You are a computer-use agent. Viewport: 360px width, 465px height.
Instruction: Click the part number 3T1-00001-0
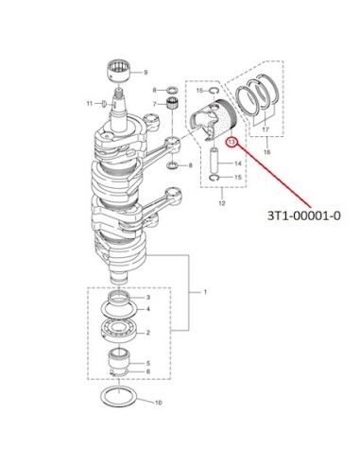click(x=304, y=215)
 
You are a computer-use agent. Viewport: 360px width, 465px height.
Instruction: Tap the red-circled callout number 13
click(x=231, y=142)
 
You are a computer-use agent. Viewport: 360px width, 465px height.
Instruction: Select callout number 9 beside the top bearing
click(x=146, y=73)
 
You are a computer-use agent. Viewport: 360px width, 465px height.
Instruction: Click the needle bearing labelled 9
click(x=119, y=72)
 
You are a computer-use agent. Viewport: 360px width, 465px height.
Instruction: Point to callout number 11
click(x=90, y=103)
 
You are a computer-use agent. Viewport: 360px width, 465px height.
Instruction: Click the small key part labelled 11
click(x=103, y=103)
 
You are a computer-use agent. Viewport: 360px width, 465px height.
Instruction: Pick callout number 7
click(x=155, y=104)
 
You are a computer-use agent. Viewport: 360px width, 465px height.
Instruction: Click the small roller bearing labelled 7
click(x=172, y=103)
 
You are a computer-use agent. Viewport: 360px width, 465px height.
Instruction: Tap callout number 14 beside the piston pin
click(x=238, y=164)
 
